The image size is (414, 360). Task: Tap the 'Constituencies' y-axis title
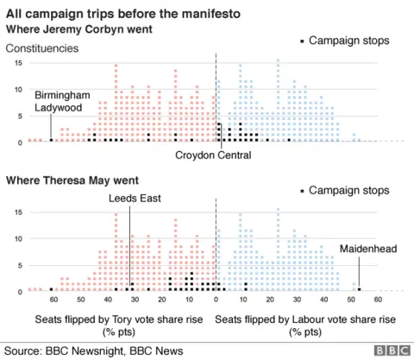pos(43,48)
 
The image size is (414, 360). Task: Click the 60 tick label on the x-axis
pos(53,300)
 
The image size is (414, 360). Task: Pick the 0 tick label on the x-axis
pos(216,300)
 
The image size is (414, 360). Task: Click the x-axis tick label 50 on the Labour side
pos(351,300)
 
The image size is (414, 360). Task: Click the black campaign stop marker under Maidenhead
pos(360,289)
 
